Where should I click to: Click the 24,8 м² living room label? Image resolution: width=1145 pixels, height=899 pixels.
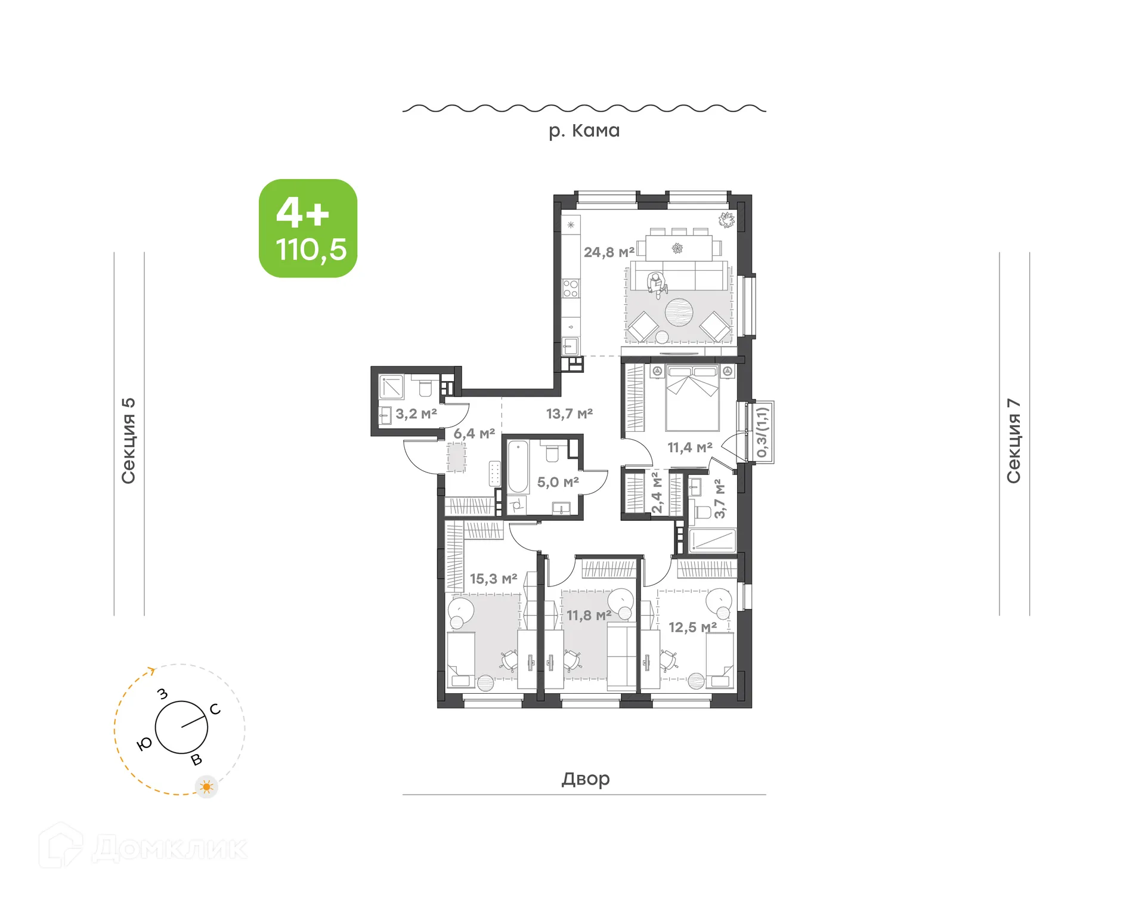click(609, 252)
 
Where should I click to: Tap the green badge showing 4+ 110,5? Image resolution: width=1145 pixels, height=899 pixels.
click(308, 228)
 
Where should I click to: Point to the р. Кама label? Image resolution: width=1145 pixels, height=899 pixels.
click(584, 131)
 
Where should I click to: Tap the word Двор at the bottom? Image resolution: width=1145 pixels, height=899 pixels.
click(585, 778)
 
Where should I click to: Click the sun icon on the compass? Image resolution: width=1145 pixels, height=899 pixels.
click(207, 787)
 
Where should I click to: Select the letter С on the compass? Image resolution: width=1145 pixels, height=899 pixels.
click(215, 709)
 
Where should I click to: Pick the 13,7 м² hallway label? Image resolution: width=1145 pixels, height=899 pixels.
click(569, 413)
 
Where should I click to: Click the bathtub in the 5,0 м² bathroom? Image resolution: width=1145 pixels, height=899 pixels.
click(518, 467)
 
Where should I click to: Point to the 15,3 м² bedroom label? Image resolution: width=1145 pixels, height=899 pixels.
click(493, 579)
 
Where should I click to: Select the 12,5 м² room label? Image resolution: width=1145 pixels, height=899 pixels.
click(692, 628)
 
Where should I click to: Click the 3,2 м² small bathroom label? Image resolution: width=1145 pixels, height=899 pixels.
click(416, 413)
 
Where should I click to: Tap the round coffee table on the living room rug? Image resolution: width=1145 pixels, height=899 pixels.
click(679, 312)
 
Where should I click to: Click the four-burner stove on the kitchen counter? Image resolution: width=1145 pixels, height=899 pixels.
click(571, 289)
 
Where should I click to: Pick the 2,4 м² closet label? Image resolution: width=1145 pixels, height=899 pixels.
click(656, 493)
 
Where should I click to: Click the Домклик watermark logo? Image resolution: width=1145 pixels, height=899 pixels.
click(143, 848)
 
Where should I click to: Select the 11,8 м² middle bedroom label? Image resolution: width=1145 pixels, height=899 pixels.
click(589, 615)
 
